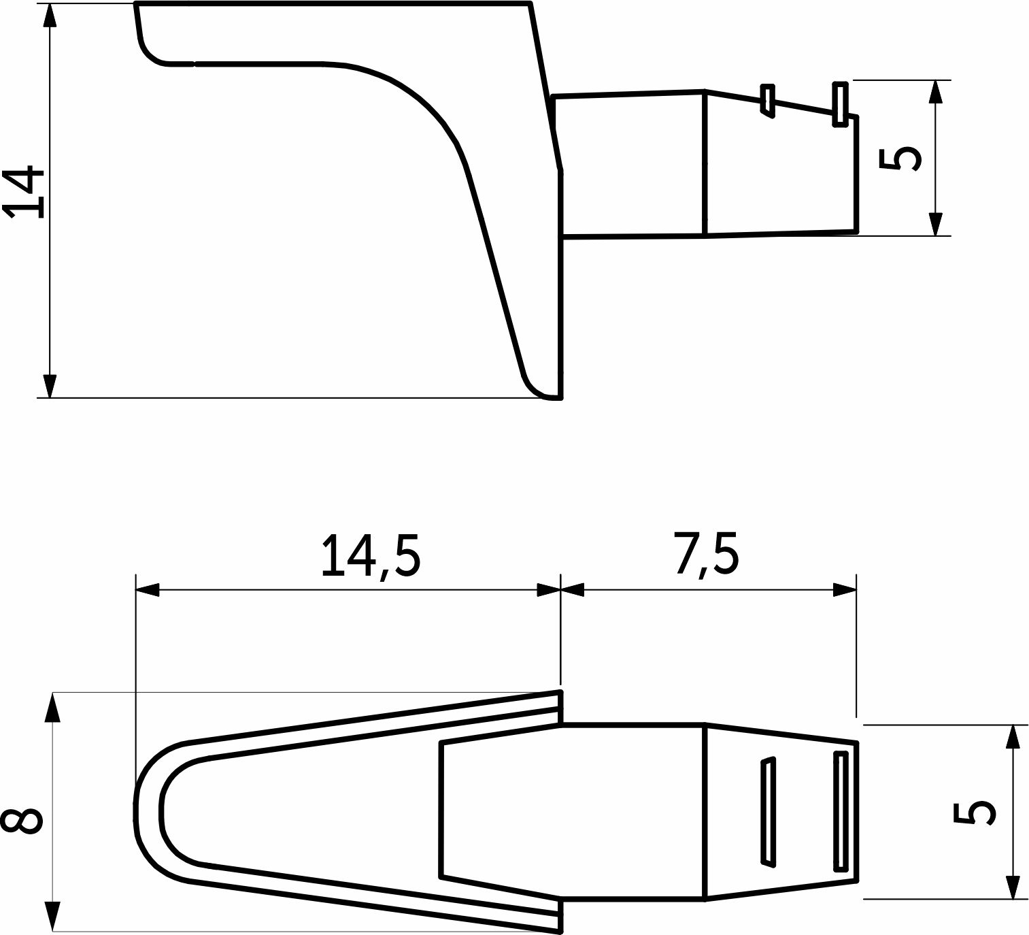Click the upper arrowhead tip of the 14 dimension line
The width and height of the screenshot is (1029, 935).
point(49,5)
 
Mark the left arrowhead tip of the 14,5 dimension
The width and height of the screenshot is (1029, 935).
point(136,590)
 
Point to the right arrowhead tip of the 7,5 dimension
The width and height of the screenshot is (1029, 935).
point(856,590)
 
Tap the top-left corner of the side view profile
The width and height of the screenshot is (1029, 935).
point(135,3)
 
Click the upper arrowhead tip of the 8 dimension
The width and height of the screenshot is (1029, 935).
point(53,693)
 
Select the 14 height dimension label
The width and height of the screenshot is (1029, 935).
point(24,192)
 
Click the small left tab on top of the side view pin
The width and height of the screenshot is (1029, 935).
point(767,101)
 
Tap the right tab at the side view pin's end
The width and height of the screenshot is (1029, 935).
point(840,103)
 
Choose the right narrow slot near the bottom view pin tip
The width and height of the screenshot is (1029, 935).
point(841,811)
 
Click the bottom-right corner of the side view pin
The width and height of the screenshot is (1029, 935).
point(857,232)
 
